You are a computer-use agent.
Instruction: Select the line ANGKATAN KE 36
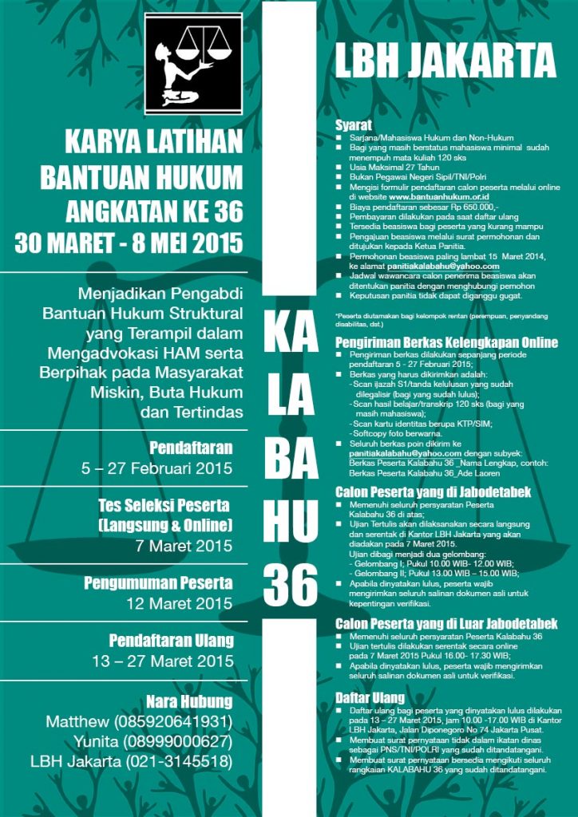[153, 211]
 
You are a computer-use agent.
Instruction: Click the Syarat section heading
[352, 125]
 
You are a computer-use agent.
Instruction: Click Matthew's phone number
[173, 722]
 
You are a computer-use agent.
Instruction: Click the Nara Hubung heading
[189, 702]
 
